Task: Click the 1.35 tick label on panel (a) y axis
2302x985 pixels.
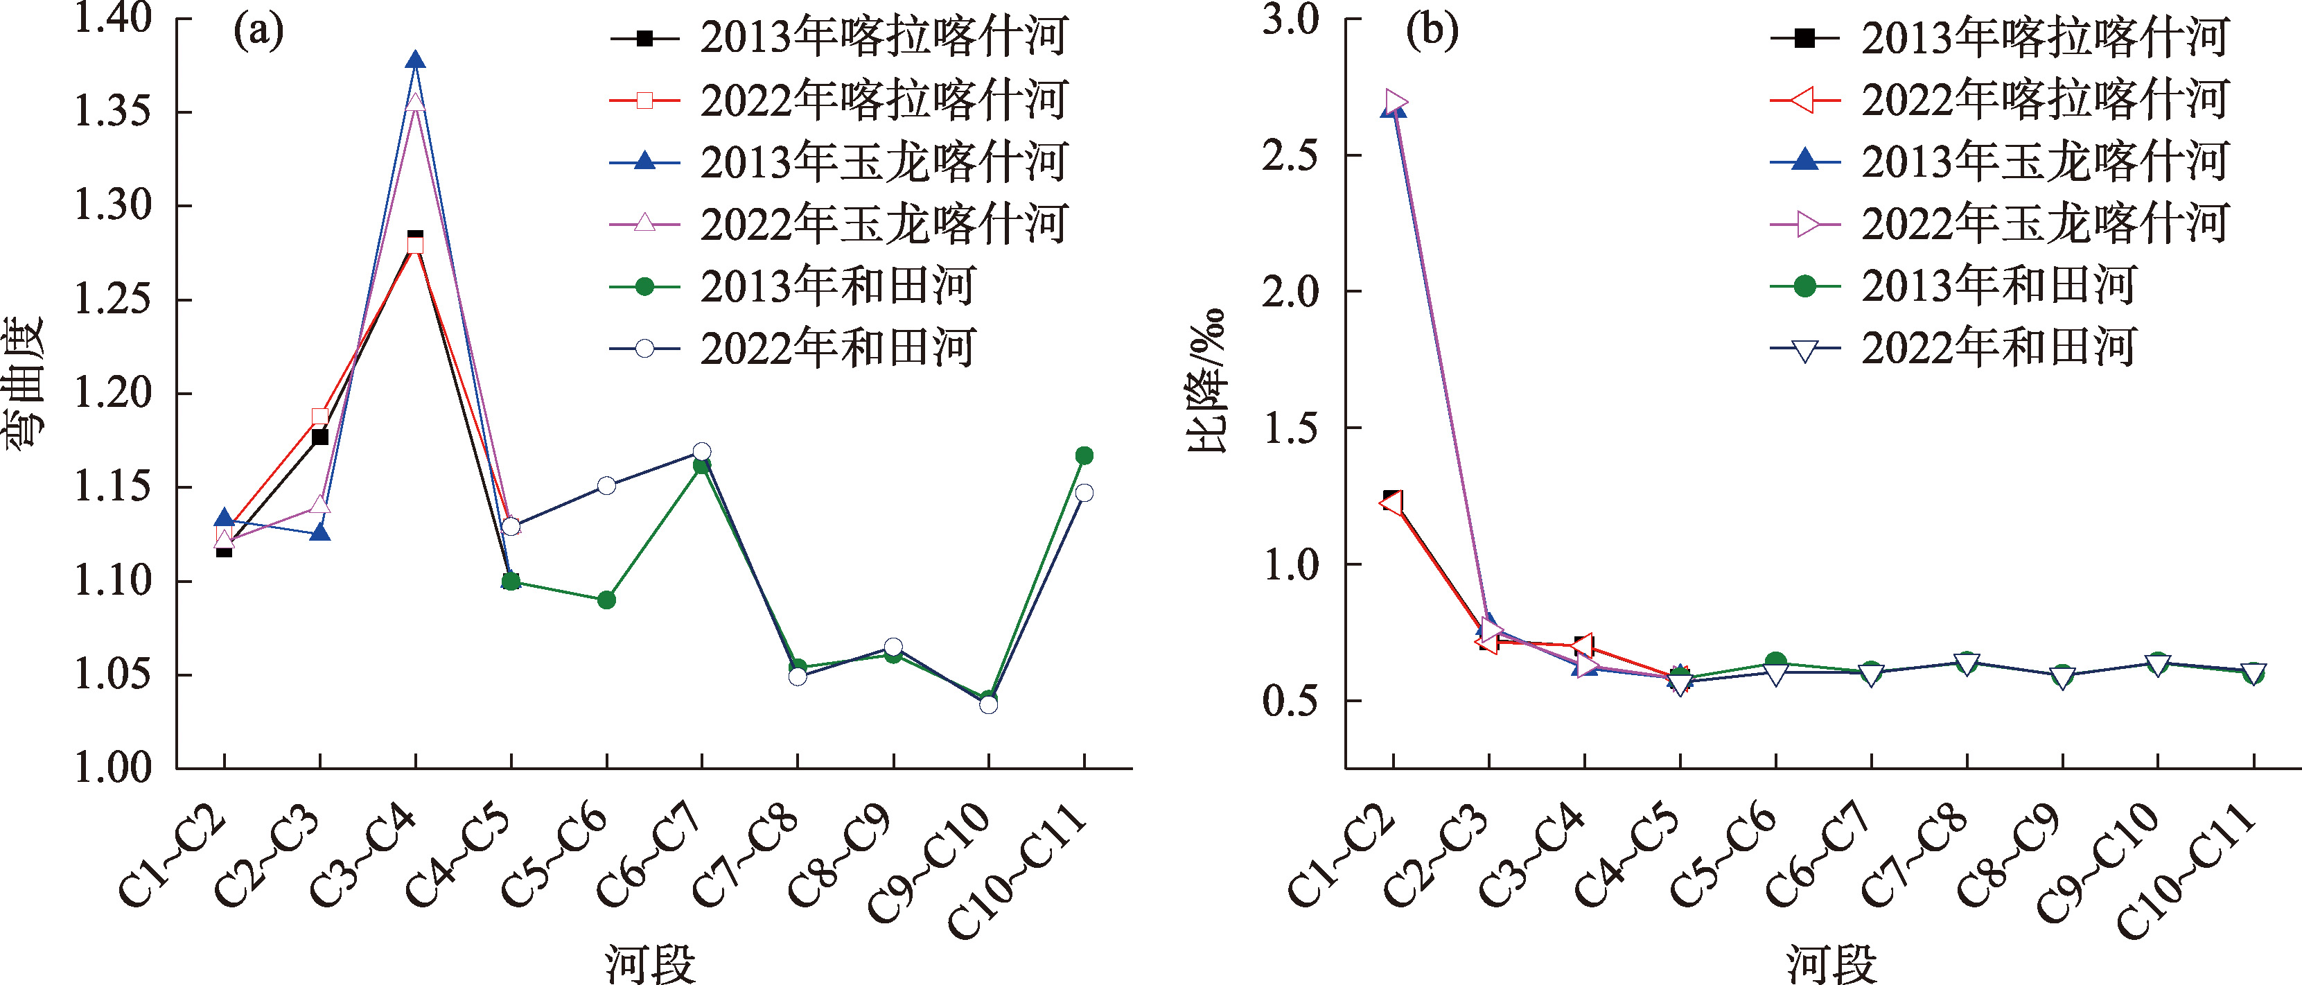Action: pyautogui.click(x=112, y=112)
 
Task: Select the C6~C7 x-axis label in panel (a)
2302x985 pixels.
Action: pyautogui.click(x=650, y=855)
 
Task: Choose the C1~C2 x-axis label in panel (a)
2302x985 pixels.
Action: pyautogui.click(x=172, y=855)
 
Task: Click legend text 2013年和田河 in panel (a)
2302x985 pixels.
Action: pyautogui.click(x=837, y=287)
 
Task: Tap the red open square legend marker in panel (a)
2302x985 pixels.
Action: pyautogui.click(x=644, y=100)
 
